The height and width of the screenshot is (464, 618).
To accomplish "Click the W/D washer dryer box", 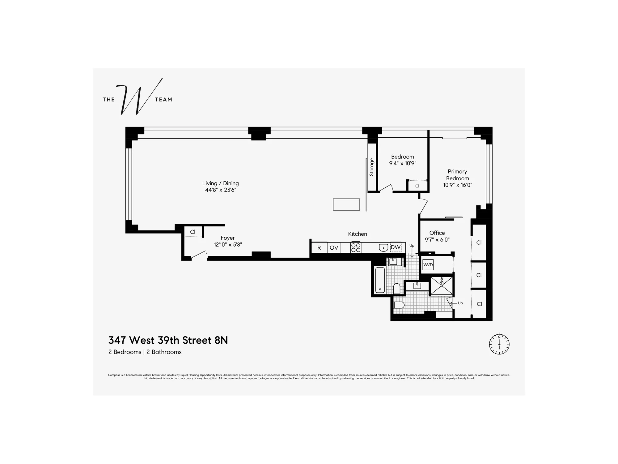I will (428, 265).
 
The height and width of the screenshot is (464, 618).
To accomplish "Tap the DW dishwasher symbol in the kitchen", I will (396, 247).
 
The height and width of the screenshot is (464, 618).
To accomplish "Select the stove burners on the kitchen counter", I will (356, 247).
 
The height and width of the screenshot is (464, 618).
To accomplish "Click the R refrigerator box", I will (319, 248).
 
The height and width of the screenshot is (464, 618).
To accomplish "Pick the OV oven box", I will (334, 248).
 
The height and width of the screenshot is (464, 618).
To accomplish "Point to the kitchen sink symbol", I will (383, 247).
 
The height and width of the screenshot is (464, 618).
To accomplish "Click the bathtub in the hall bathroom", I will (380, 280).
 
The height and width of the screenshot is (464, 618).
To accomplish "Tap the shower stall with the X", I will (442, 286).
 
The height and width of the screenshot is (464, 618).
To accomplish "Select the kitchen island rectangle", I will (346, 204).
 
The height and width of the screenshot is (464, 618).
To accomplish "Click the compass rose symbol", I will (499, 344).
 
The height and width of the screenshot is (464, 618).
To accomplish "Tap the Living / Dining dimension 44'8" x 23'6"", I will (220, 190).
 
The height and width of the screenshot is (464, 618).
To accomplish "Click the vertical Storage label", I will (372, 167).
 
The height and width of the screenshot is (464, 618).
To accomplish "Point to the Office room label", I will (437, 233).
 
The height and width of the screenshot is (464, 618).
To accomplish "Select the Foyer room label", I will (228, 238).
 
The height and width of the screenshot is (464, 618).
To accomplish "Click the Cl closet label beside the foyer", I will (193, 232).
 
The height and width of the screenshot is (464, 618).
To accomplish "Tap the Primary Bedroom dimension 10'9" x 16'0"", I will (458, 185).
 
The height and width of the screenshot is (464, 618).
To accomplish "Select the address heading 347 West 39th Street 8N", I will (168, 340).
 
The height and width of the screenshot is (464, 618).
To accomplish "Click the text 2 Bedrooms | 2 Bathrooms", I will (145, 352).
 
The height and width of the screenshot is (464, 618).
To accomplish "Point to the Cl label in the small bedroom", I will (417, 186).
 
